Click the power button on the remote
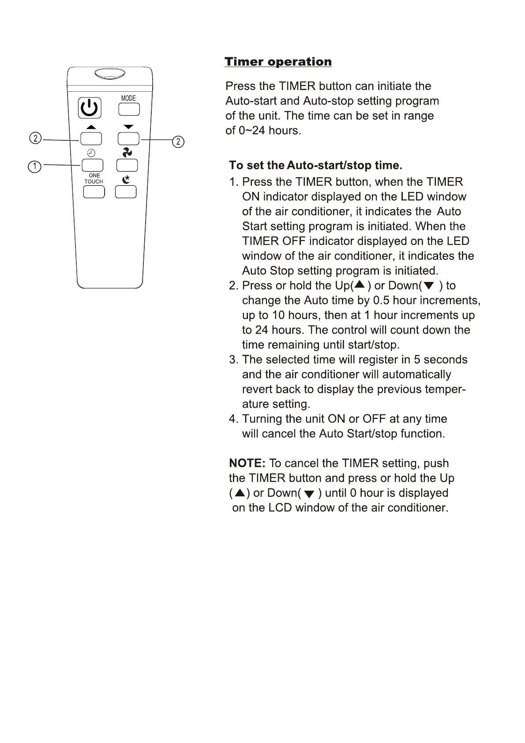click(x=90, y=108)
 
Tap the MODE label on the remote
click(x=128, y=98)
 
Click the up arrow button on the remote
click(x=91, y=139)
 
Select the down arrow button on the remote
click(x=128, y=139)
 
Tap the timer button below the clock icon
click(x=92, y=165)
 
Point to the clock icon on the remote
click(x=91, y=153)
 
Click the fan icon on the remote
click(x=127, y=153)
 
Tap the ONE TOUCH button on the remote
click(x=94, y=192)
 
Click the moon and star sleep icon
click(x=127, y=179)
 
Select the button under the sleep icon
click(x=126, y=192)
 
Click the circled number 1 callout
click(x=34, y=167)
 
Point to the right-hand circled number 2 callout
click(x=178, y=142)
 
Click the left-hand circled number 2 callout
click(x=35, y=139)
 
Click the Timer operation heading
click(x=278, y=62)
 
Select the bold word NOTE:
click(x=247, y=463)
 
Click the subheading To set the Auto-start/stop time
click(x=315, y=165)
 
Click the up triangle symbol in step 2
click(x=360, y=285)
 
